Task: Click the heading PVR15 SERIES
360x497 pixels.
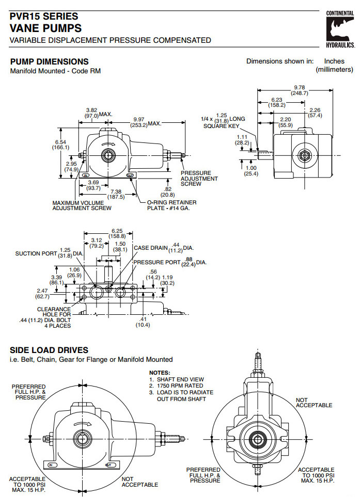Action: (x=43, y=17)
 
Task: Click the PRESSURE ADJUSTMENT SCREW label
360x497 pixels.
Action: (x=199, y=178)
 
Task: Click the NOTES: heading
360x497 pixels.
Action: (x=159, y=372)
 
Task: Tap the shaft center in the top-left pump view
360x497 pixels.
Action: (x=109, y=154)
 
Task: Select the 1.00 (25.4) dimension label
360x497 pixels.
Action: (x=251, y=170)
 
